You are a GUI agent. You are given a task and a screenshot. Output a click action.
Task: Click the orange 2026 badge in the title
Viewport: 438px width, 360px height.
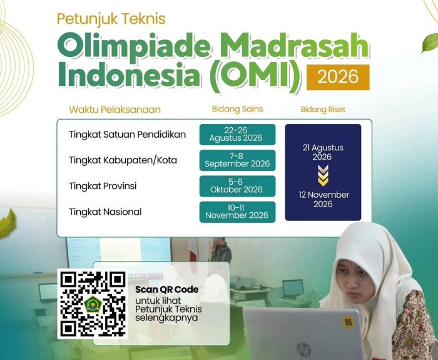click(338, 77)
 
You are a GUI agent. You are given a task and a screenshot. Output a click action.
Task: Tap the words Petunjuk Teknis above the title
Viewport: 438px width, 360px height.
click(111, 19)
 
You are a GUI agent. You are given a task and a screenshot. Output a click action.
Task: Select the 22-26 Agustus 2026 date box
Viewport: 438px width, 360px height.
click(237, 135)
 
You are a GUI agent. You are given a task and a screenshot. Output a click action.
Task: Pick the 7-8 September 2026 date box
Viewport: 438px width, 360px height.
click(237, 160)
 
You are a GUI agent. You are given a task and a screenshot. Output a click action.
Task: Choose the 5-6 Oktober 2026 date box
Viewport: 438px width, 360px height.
click(237, 186)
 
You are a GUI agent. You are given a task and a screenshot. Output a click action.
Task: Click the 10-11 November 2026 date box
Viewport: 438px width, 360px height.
click(237, 212)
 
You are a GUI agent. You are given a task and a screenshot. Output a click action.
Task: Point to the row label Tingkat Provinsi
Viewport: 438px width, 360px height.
click(103, 186)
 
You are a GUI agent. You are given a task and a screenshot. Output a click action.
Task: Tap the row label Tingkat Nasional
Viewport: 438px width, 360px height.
click(105, 212)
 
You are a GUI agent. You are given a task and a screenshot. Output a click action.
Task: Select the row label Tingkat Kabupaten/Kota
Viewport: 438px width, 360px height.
click(123, 160)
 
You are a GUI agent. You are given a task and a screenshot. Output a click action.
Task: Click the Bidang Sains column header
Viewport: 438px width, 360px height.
click(237, 109)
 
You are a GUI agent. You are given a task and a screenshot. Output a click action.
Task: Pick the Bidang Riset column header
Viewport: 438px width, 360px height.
click(323, 110)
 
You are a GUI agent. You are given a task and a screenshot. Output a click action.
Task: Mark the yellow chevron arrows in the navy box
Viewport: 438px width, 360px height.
click(323, 175)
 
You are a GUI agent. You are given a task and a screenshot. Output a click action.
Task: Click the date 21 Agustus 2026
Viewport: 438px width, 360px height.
click(323, 152)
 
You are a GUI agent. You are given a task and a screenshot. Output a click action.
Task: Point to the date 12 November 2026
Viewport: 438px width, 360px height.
click(323, 199)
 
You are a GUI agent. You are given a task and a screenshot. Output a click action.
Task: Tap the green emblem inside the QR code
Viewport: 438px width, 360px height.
click(93, 304)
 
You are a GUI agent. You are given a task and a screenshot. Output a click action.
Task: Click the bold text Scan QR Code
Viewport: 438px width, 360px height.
click(167, 289)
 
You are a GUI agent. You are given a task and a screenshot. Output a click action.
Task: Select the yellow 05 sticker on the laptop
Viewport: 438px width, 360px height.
click(349, 322)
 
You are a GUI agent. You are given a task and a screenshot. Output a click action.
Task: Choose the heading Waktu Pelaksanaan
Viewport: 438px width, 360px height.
click(115, 110)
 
